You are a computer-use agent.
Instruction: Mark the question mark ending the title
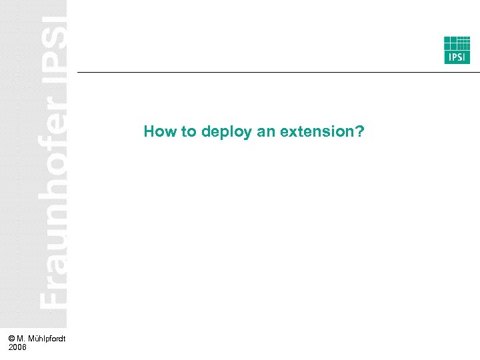(360, 131)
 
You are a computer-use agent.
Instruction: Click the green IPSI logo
(457, 50)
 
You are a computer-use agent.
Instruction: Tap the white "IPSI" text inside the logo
(457, 58)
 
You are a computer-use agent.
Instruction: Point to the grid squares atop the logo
(457, 43)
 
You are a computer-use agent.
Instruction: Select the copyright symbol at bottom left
(13, 339)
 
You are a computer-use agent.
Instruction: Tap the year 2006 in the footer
(18, 347)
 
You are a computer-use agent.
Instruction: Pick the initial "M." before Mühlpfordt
(24, 339)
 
